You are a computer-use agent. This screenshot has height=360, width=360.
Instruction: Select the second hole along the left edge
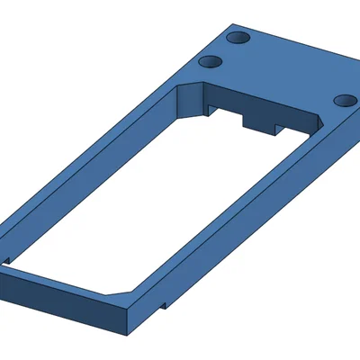click(x=210, y=62)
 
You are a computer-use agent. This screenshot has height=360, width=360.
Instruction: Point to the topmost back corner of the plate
click(x=232, y=24)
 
